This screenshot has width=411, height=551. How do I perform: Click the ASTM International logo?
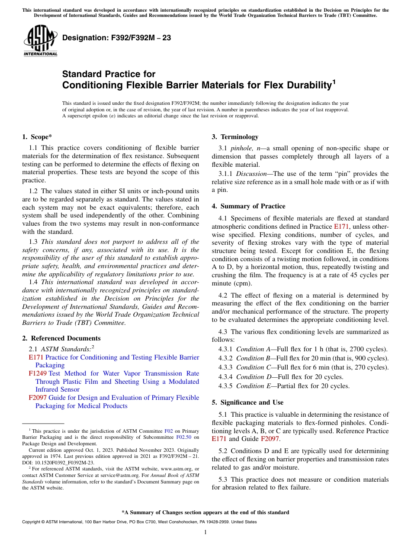point(40,41)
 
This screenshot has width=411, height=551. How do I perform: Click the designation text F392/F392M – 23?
point(116,38)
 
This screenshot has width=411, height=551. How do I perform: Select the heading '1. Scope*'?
point(37,137)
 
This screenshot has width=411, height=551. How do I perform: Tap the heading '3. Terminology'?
point(235,137)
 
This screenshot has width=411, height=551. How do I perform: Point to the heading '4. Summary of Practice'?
point(248,206)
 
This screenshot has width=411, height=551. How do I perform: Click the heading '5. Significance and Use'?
point(247,402)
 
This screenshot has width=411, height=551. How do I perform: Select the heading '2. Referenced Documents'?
point(61,338)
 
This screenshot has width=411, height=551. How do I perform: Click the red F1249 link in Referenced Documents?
point(37,373)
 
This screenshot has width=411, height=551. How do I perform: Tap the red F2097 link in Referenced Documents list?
point(37,398)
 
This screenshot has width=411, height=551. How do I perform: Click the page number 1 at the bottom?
point(205,532)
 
